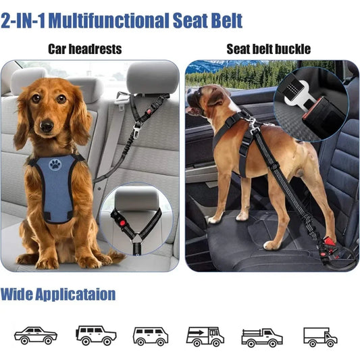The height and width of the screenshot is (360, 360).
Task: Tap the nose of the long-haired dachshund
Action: pos(46,125)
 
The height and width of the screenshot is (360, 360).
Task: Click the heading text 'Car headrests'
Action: pos(84,49)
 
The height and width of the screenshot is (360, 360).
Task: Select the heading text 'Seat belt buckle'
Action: pos(268,49)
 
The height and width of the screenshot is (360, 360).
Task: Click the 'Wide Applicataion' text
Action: pos(58,294)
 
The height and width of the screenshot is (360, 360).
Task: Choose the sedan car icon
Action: pos(35,334)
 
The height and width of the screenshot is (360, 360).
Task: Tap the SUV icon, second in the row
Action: pos(96,334)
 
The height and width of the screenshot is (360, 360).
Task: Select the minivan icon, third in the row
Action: pos(150,335)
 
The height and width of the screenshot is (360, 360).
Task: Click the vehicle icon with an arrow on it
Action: pos(205,335)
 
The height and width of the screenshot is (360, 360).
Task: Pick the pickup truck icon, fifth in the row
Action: pos(262,336)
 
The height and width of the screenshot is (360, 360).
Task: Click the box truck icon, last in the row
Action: pos(320,336)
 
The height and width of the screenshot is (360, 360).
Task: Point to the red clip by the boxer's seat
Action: pos(330,241)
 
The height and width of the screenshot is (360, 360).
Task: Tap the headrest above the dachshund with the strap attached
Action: pos(152,78)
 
